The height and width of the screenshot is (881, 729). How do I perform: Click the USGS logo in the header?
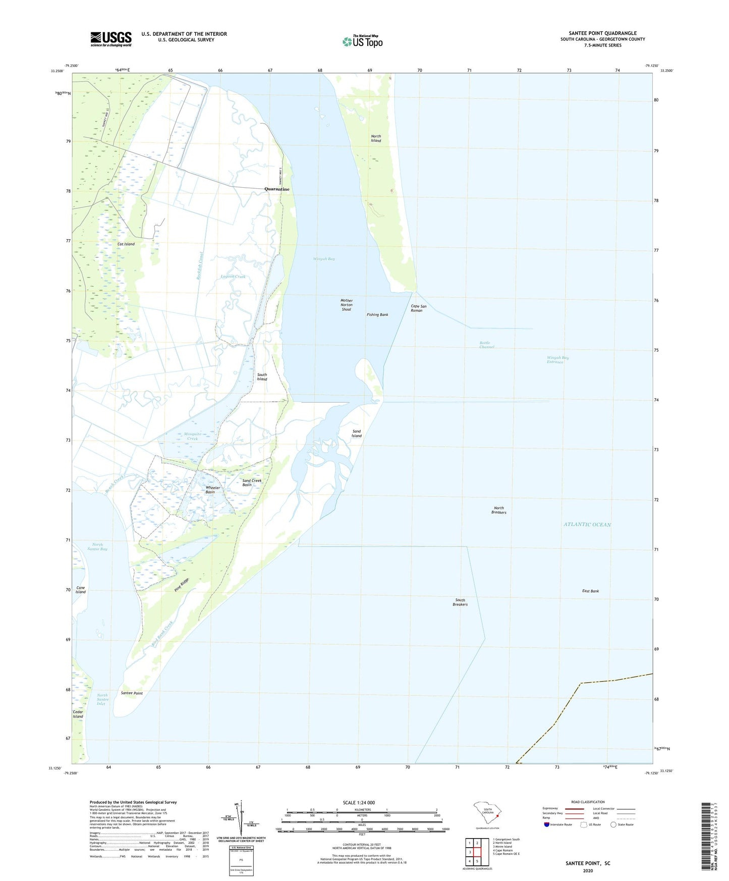click(111, 39)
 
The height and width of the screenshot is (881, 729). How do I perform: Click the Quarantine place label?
click(277, 189)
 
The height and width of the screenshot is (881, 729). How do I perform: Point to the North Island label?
click(376, 138)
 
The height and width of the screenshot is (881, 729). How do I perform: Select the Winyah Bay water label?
click(324, 259)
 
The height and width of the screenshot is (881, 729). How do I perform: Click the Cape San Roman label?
click(418, 308)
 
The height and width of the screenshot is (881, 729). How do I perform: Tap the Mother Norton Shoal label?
click(347, 305)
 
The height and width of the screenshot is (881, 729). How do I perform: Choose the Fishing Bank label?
click(377, 315)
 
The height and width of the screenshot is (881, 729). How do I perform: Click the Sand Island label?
click(357, 433)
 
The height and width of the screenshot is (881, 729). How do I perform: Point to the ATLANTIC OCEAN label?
click(587, 525)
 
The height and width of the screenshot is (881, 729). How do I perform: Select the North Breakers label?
click(498, 510)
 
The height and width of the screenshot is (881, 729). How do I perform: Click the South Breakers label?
click(460, 602)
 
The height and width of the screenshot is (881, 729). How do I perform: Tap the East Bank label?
click(590, 591)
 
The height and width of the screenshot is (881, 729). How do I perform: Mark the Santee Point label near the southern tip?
click(132, 693)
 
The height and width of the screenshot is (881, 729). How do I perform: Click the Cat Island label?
click(126, 244)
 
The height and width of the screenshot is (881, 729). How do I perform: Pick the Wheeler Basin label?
click(213, 490)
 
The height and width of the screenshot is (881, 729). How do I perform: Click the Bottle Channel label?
click(486, 345)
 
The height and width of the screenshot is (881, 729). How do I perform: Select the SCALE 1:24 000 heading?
click(359, 803)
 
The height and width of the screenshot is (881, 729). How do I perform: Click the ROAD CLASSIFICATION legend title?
click(588, 802)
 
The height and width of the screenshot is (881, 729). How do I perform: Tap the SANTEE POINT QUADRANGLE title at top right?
click(602, 33)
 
